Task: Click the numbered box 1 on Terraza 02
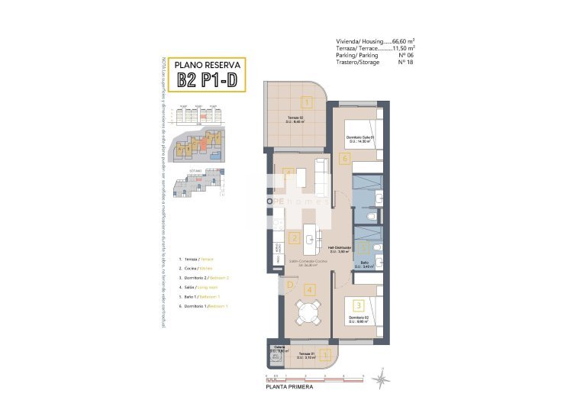pos(306,102)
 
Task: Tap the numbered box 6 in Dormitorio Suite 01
pos(345,159)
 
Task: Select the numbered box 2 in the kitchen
pos(295,238)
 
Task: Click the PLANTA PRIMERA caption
pos(287,388)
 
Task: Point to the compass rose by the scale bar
pos(385,376)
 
